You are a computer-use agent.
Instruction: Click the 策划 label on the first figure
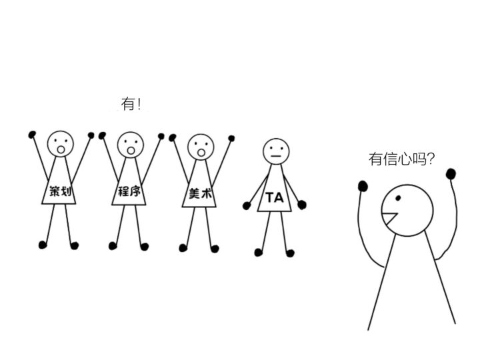tap(60, 191)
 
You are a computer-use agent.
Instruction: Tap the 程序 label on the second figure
tap(129, 191)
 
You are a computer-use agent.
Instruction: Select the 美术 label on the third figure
tap(200, 193)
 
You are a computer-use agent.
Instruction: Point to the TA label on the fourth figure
tap(275, 197)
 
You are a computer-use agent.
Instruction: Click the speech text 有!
tap(131, 104)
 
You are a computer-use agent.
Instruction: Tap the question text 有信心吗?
tap(401, 159)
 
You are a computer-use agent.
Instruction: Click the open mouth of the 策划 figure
tap(61, 150)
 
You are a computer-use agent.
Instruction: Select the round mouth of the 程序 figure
tap(131, 151)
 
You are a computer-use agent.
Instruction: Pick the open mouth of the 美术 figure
tap(201, 153)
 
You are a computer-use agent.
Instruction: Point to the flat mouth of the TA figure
tap(276, 156)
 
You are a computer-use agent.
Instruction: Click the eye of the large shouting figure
tap(398, 198)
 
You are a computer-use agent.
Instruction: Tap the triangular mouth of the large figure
tap(389, 219)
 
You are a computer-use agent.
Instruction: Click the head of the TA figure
tap(276, 151)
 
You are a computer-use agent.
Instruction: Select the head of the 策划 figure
tap(60, 144)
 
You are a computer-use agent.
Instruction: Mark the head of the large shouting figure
tap(407, 210)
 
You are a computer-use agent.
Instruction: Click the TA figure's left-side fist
tap(247, 206)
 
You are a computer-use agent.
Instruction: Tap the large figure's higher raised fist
tap(451, 174)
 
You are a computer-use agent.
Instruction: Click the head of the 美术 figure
tap(201, 147)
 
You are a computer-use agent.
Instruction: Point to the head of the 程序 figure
tap(131, 145)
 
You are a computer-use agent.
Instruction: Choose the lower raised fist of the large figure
tap(363, 186)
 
